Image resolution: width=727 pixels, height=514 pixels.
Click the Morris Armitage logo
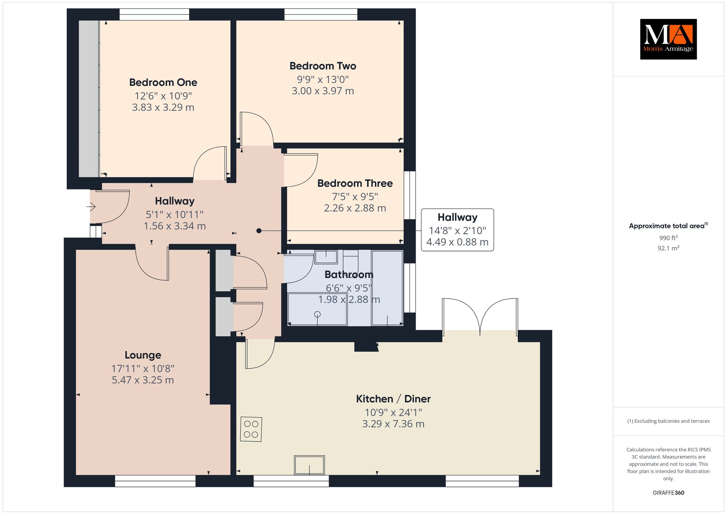point(668,39)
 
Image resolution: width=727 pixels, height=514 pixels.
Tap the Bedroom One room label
point(163,82)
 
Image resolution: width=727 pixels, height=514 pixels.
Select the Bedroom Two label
point(323,66)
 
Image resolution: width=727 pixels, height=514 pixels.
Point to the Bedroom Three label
point(355,183)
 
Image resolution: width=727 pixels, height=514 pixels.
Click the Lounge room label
point(143,355)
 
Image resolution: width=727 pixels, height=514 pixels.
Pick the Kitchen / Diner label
point(393,399)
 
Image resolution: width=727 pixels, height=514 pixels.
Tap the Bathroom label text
point(349,274)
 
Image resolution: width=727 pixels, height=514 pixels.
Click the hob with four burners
point(251,429)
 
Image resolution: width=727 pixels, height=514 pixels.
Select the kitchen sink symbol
point(309,465)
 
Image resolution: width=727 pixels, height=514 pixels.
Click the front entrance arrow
point(91,206)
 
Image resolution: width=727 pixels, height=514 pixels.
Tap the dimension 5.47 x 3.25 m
point(143,380)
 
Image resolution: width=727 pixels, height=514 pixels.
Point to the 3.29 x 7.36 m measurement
point(393,424)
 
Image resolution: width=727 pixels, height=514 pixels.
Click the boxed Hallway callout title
point(457,217)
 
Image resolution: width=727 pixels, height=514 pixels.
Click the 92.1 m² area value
point(668,248)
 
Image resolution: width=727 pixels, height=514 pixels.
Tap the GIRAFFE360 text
point(668,493)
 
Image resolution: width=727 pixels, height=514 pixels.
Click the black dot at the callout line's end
point(259,231)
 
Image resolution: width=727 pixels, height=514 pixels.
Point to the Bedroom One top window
point(154,15)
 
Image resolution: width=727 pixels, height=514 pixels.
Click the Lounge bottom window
point(155,481)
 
